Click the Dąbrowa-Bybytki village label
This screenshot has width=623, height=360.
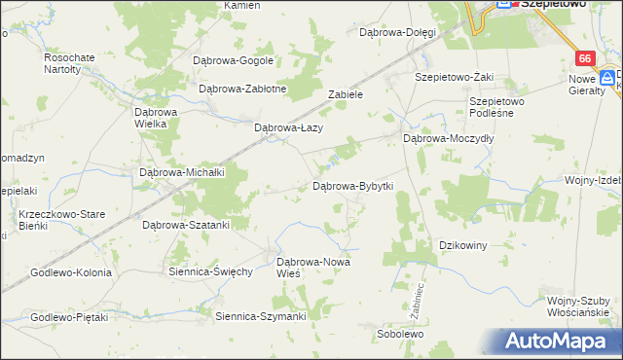coord(351,186)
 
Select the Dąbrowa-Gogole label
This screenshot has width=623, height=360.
coord(234,60)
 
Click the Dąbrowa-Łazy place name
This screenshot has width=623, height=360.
coord(288,127)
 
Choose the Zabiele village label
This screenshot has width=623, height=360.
coord(346,95)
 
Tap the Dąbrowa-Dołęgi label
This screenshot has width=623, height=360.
coord(397,32)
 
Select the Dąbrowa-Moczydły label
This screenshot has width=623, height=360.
coord(449,139)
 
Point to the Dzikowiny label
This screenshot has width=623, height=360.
coord(463,245)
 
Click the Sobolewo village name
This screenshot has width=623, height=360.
coord(400,334)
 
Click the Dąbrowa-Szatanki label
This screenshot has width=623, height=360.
coord(186,225)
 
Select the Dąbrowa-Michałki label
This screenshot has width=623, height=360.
coord(183,172)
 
